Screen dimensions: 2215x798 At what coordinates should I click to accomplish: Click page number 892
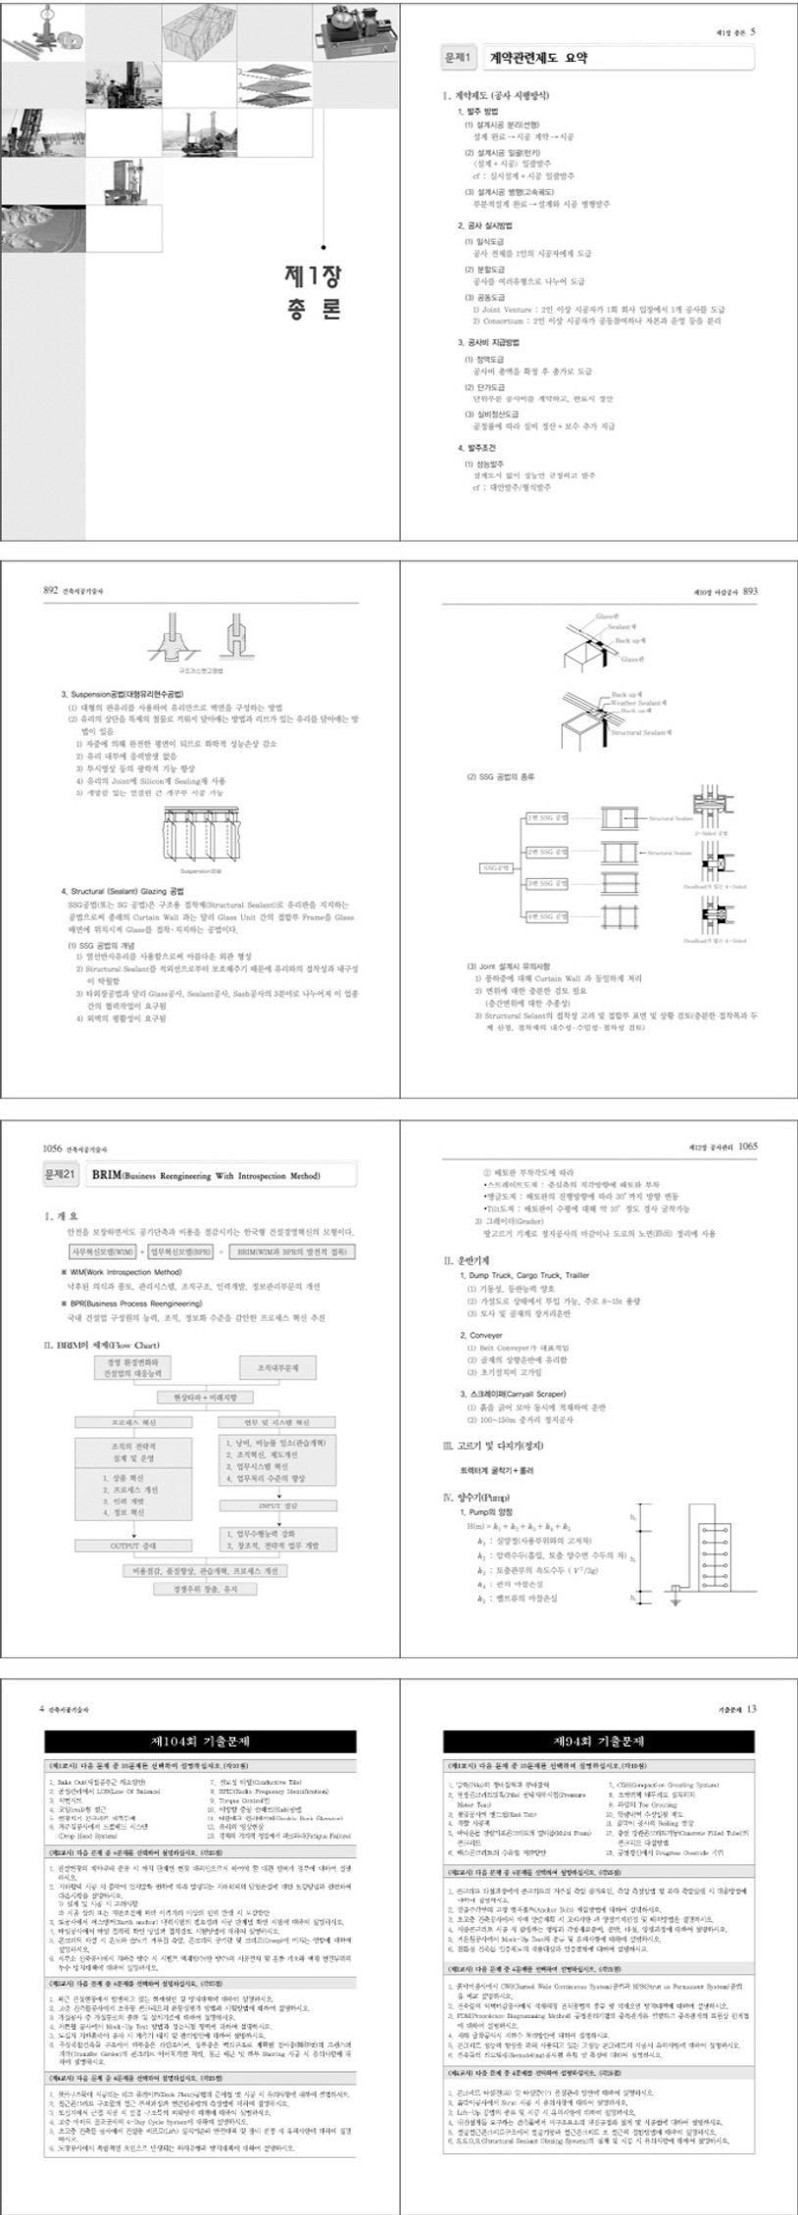coord(52,591)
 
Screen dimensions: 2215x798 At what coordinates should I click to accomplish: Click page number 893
coord(750,591)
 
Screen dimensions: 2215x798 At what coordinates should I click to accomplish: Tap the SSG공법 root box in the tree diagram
coord(496,868)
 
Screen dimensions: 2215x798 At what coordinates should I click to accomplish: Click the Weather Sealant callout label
coord(637,702)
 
